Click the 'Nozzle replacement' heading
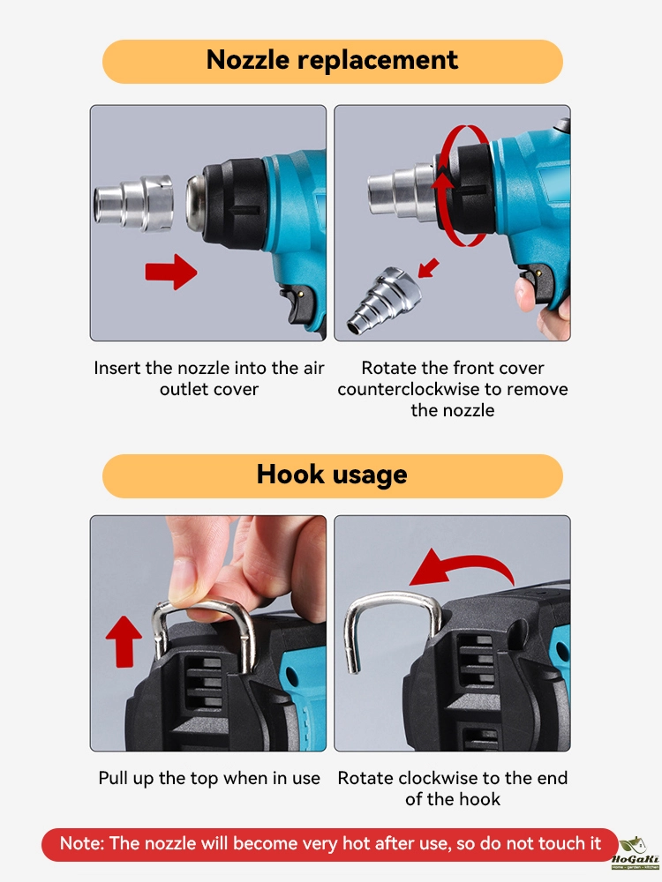tap(332, 60)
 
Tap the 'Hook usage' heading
tap(332, 475)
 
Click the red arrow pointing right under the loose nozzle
tap(171, 272)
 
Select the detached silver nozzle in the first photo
tap(133, 203)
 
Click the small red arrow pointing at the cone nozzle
tap(428, 268)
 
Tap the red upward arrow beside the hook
tap(124, 641)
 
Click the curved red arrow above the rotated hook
tap(462, 567)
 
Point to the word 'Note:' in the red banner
tap(82, 843)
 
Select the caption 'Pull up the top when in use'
tap(209, 778)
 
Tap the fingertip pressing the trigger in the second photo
tap(524, 293)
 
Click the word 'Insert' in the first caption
tap(117, 368)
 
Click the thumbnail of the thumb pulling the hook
tap(184, 585)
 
